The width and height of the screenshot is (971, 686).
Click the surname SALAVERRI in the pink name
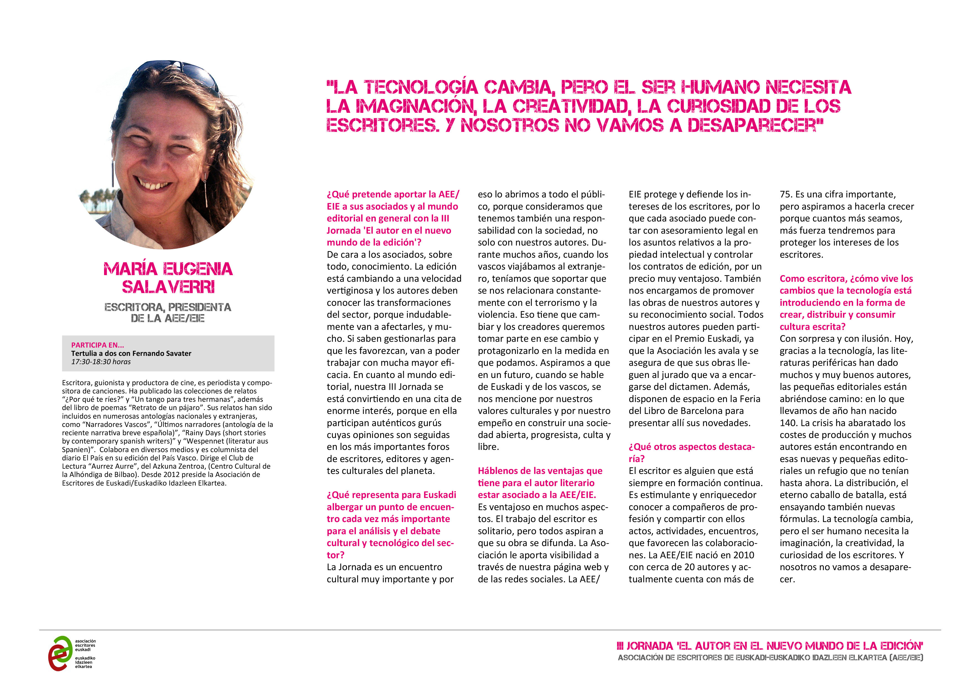(x=168, y=287)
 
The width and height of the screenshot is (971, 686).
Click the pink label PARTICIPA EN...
(x=97, y=345)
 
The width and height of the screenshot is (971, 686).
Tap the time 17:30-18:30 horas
(x=101, y=362)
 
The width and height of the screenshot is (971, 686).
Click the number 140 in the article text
(x=788, y=423)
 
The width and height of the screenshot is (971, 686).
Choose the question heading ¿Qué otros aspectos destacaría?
(x=692, y=453)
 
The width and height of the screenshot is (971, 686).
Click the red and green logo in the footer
(x=61, y=653)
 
